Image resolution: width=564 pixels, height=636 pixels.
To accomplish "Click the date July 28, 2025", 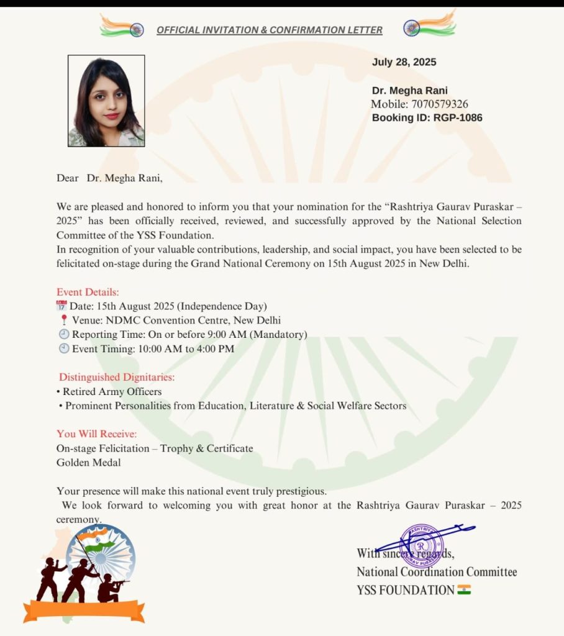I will coord(404,62).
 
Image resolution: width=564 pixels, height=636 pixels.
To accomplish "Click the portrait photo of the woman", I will coord(106,101).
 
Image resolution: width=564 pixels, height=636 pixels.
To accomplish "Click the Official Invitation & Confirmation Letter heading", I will coord(270,30).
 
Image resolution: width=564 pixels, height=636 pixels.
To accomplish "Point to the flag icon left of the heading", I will coord(123,27).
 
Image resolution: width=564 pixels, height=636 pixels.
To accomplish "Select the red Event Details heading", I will coord(88,292).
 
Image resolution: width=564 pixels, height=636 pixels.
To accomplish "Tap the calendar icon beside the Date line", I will coord(61,306).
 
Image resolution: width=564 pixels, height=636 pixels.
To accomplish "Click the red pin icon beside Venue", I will coord(64,320).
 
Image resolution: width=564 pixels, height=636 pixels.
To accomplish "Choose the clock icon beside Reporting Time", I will coord(63,335).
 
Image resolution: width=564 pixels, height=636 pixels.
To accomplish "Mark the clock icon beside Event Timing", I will coord(63,349).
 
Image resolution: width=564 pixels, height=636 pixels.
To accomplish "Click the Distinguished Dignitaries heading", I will coord(117,377).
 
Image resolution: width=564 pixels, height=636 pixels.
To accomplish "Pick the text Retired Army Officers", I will coord(112,392).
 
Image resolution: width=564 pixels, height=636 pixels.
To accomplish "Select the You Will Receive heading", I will coord(97,434).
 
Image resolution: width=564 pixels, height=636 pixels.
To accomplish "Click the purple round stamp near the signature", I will coord(422,545).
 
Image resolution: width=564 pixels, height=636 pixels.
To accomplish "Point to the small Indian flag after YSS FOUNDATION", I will coord(464,590).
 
